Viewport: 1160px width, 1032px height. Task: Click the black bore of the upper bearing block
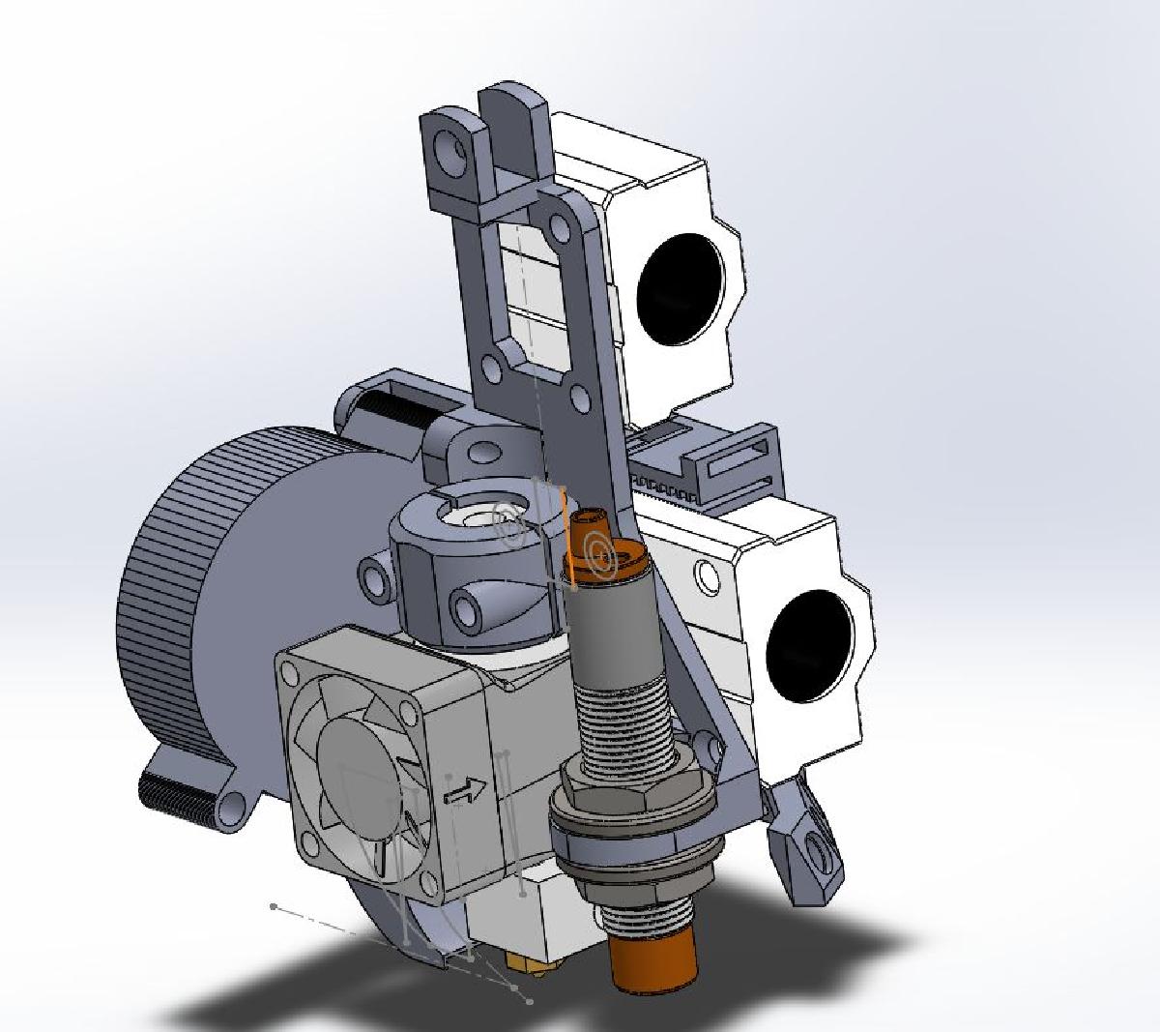tap(681, 286)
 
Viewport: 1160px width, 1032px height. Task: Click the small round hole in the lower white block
tap(708, 577)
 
